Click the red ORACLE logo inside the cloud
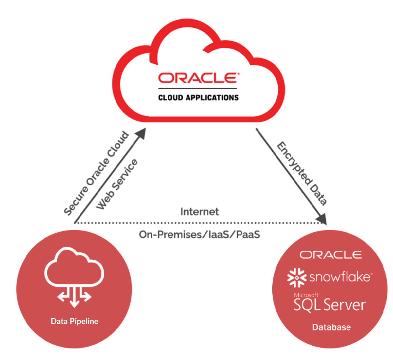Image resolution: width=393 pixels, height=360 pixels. pyautogui.click(x=199, y=78)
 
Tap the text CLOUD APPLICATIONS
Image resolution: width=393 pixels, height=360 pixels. pyautogui.click(x=198, y=97)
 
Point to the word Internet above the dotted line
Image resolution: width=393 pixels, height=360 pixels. pyautogui.click(x=199, y=212)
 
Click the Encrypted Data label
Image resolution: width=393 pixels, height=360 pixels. pyautogui.click(x=302, y=173)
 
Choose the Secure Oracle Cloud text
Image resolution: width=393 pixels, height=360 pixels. pyautogui.click(x=96, y=174)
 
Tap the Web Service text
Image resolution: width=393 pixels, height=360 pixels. pyautogui.click(x=117, y=184)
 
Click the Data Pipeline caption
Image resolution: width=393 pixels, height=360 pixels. pyautogui.click(x=74, y=321)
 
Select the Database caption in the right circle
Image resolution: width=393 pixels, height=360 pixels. pyautogui.click(x=331, y=327)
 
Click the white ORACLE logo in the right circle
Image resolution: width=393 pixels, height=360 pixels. pyautogui.click(x=330, y=255)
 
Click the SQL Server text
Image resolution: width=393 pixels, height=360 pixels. pyautogui.click(x=330, y=305)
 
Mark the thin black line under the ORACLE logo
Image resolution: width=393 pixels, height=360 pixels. pyautogui.click(x=198, y=88)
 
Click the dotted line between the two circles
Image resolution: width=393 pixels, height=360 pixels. pyautogui.click(x=199, y=223)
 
